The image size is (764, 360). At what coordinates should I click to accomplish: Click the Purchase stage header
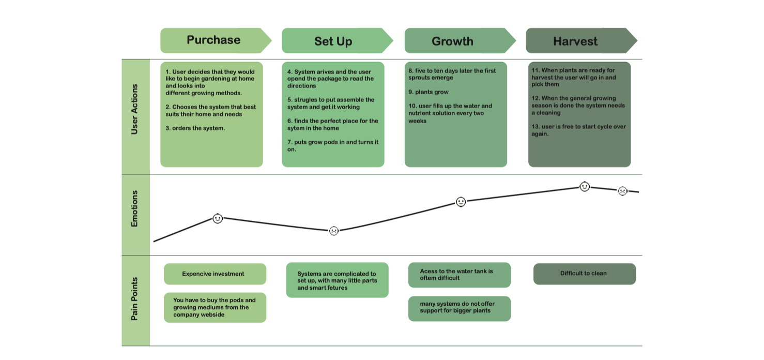coord(214,40)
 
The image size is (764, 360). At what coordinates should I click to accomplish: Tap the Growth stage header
coord(453,41)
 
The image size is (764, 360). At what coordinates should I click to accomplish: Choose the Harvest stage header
coord(575,41)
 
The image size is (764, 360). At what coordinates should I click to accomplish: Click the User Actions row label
coord(135,109)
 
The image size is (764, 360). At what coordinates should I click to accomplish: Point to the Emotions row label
coord(135,208)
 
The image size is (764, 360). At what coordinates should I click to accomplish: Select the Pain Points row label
coord(135,299)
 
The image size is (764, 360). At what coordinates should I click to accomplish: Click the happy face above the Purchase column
coord(218,219)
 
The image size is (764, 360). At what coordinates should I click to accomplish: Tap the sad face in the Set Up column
coord(334,231)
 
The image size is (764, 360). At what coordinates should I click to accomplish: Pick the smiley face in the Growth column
coord(461,202)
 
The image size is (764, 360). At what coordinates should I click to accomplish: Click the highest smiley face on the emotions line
coord(585,187)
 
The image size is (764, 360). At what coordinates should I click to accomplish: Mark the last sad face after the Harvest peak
coord(623,191)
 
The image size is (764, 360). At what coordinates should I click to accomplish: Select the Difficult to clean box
coord(584,274)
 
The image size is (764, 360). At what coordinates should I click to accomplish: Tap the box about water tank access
coord(459,275)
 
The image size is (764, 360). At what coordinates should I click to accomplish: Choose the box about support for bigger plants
coord(459,308)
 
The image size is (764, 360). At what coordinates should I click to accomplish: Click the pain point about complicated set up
coord(337,281)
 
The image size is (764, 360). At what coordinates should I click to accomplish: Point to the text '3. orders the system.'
coord(195,128)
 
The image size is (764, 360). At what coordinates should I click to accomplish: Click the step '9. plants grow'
coord(429,92)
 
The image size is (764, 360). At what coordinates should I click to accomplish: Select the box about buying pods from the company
coord(215,307)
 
